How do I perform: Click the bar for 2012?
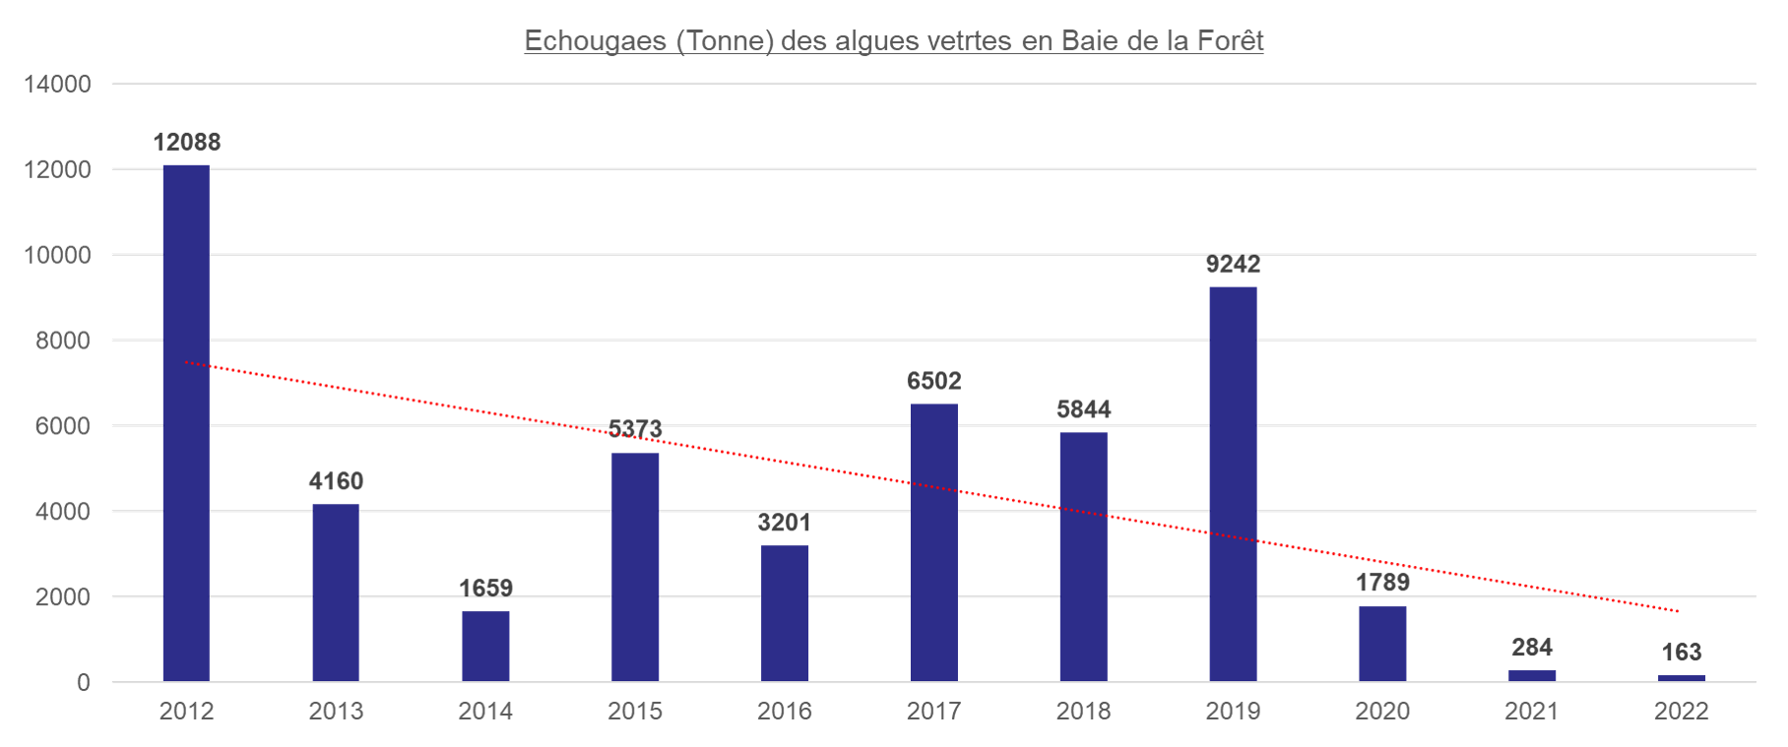(186, 423)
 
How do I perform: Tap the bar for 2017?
(933, 542)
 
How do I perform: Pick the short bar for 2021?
(1532, 676)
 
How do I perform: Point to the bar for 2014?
(485, 647)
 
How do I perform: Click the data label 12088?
(186, 142)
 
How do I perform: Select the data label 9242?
(1233, 264)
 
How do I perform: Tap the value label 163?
(1682, 653)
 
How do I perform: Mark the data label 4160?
(336, 481)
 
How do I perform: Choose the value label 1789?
(1382, 583)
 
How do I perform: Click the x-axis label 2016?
(785, 712)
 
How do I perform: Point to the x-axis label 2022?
(1682, 712)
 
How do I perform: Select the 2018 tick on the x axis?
(1083, 712)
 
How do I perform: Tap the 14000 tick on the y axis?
(57, 84)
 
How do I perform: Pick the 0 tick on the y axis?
(83, 683)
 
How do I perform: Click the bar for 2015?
(635, 567)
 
